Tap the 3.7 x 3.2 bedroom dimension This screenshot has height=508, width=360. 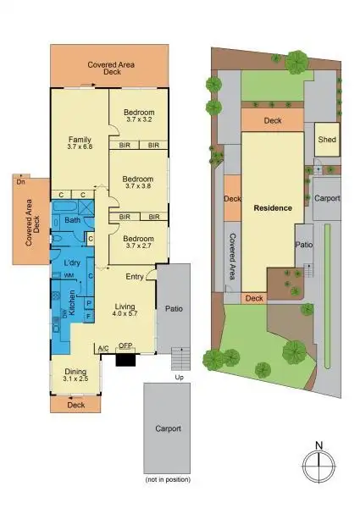point(137,120)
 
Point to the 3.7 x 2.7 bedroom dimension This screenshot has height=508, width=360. point(137,246)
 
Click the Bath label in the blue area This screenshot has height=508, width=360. point(72,221)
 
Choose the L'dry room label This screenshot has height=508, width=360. point(72,263)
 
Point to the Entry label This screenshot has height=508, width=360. point(135,277)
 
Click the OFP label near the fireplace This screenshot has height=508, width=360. point(126,345)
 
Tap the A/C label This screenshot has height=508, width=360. point(103,347)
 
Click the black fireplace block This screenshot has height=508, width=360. point(126,358)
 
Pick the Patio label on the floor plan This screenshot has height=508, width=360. point(174,308)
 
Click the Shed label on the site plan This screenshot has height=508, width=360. point(326,140)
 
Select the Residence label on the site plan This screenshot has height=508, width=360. point(271,207)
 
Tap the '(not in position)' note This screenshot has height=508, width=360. point(168,481)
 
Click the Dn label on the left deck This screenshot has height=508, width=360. point(19,179)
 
